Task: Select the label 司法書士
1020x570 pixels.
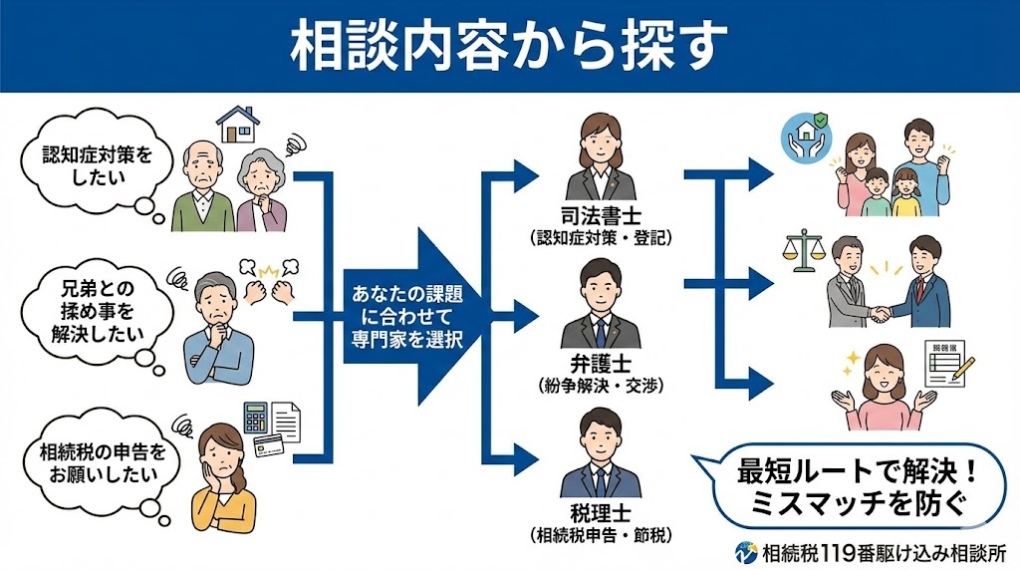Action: (x=601, y=218)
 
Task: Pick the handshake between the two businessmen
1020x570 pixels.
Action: (x=881, y=313)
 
